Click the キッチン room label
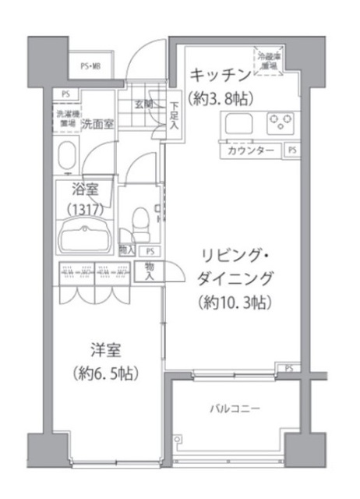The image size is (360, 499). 221,75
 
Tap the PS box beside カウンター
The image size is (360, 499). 291,150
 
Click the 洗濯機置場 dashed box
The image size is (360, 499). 65,118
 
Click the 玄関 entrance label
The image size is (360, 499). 143,104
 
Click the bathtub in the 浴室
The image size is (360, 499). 84,235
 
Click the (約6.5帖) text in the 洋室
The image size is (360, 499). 104,373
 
